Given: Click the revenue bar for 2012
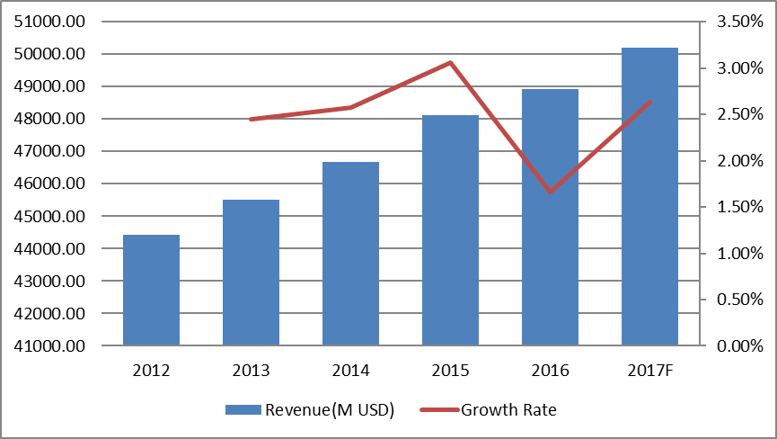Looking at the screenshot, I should [x=151, y=290].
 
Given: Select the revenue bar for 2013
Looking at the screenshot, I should [x=251, y=273].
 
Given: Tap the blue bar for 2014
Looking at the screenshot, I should [x=350, y=254].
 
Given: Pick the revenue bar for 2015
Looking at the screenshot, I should [x=450, y=230].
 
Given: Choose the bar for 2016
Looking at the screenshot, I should [x=550, y=217].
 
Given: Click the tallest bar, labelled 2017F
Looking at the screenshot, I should [x=649, y=196].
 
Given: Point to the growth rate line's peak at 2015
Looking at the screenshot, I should [x=450, y=63].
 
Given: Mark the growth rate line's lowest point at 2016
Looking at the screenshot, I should [x=550, y=192].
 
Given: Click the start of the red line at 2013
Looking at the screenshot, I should [x=251, y=119].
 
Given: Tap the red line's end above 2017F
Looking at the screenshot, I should [x=649, y=102].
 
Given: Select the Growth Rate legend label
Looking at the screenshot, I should [x=508, y=410].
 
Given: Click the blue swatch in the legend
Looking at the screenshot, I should [x=243, y=410].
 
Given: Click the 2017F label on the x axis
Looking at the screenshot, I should [x=649, y=370].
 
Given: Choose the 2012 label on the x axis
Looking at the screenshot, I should [x=151, y=370].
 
